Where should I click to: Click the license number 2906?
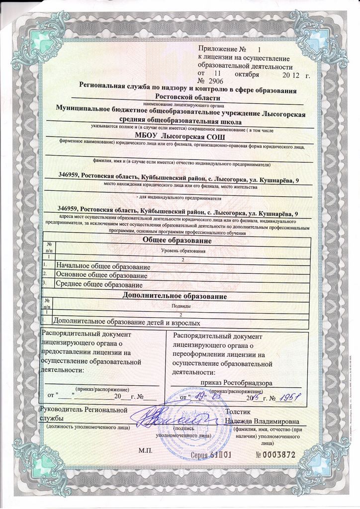click(216, 81)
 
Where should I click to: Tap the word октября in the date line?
click(247, 73)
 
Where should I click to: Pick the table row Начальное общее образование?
click(103, 266)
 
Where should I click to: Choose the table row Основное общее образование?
click(101, 275)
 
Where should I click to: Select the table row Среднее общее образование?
click(99, 285)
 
